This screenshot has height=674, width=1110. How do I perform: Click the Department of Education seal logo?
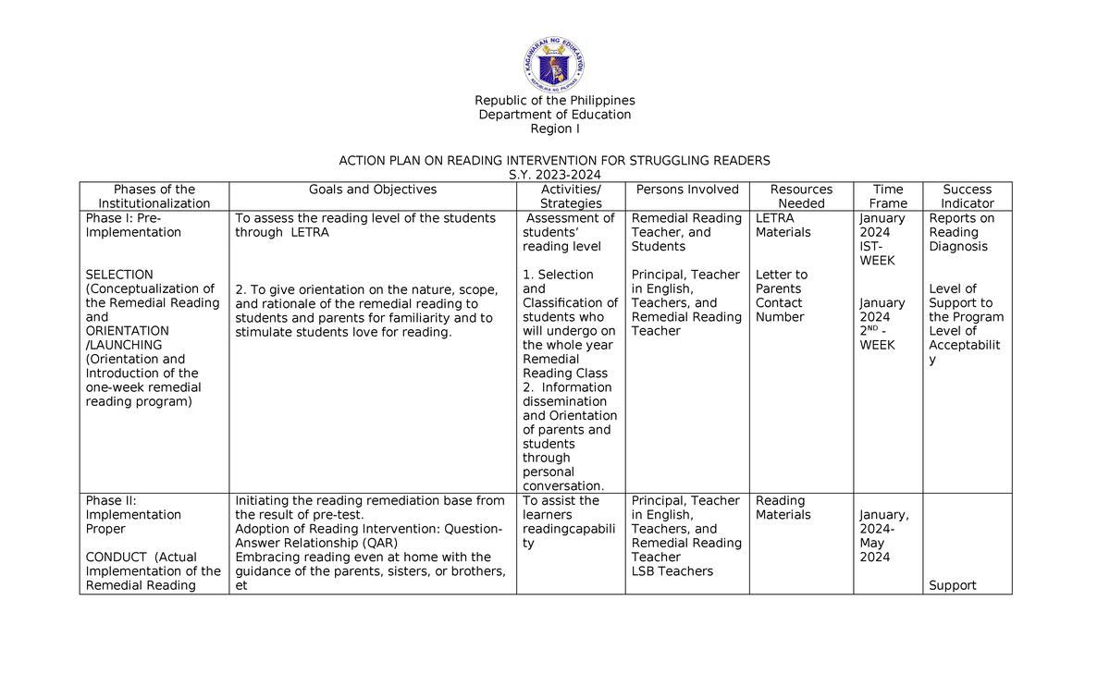point(554,61)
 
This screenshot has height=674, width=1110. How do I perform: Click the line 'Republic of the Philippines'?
point(554,101)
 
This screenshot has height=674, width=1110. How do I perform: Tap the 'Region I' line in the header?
point(554,129)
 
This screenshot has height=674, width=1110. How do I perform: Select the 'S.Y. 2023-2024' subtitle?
point(554,175)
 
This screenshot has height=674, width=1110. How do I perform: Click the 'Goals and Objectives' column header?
point(373,190)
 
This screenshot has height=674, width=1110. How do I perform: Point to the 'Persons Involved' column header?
point(687,190)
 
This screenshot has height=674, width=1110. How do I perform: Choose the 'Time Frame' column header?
point(888,196)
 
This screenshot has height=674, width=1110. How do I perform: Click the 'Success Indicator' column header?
point(968,196)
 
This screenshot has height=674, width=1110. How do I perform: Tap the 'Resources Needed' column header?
point(801,196)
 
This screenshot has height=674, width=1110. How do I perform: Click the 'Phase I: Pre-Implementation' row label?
point(133,226)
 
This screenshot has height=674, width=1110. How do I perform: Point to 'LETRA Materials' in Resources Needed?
point(783,226)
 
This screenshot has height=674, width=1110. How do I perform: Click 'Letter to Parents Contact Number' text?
point(783,296)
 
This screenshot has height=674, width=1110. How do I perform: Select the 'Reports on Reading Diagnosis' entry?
point(962,232)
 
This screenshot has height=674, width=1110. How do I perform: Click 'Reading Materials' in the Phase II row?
point(783,508)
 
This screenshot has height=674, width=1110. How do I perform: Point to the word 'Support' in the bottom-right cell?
point(953,585)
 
